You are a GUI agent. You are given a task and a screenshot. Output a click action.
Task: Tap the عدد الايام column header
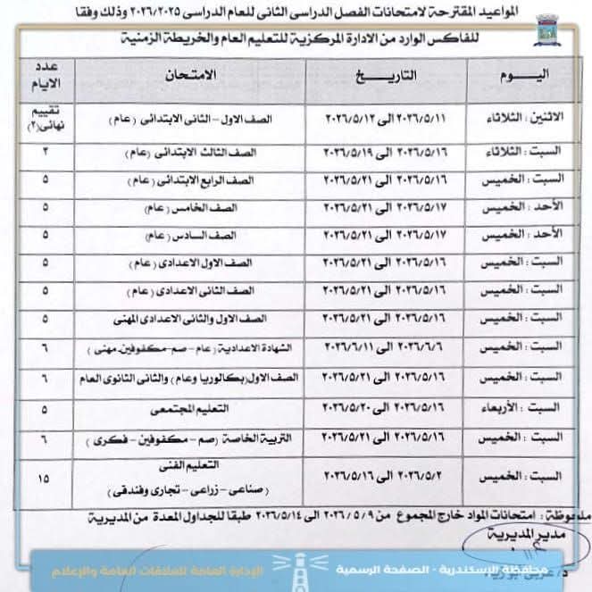pos(43,77)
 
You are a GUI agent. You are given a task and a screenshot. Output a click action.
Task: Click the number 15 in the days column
pos(43,479)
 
